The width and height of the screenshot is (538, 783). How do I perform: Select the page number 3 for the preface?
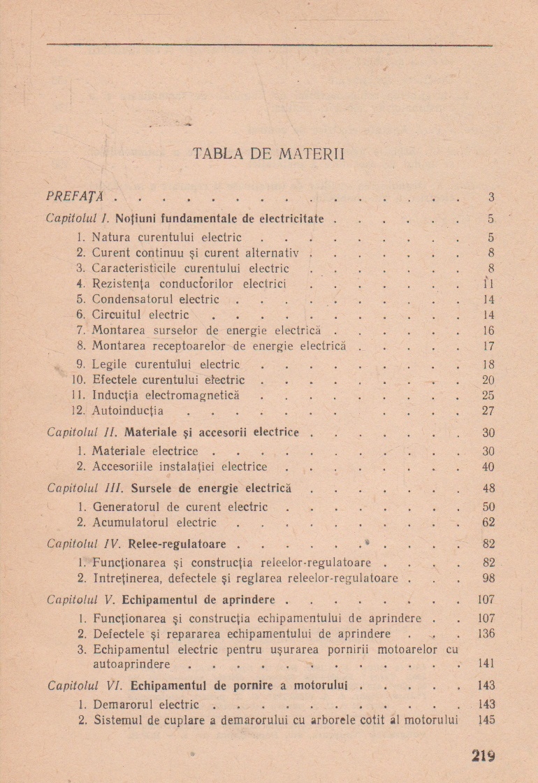tap(491, 197)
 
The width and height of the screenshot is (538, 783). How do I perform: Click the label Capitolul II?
tap(75, 432)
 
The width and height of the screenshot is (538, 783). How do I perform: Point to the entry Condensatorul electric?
tap(155, 299)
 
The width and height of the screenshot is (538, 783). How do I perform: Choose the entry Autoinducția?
tap(127, 410)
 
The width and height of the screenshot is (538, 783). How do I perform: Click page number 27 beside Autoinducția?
tap(488, 410)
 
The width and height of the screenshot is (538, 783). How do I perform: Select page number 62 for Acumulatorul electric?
tap(488, 522)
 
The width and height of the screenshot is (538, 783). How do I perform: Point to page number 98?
tap(488, 578)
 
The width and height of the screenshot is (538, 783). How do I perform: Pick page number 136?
tap(486, 633)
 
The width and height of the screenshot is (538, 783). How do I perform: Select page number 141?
tap(486, 663)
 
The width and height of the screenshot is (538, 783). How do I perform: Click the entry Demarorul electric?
tap(145, 704)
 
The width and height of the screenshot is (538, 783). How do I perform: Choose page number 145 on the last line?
tap(486, 719)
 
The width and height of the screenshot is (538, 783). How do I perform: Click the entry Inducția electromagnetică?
tap(166, 395)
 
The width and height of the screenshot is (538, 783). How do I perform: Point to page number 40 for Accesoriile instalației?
tap(488, 466)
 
